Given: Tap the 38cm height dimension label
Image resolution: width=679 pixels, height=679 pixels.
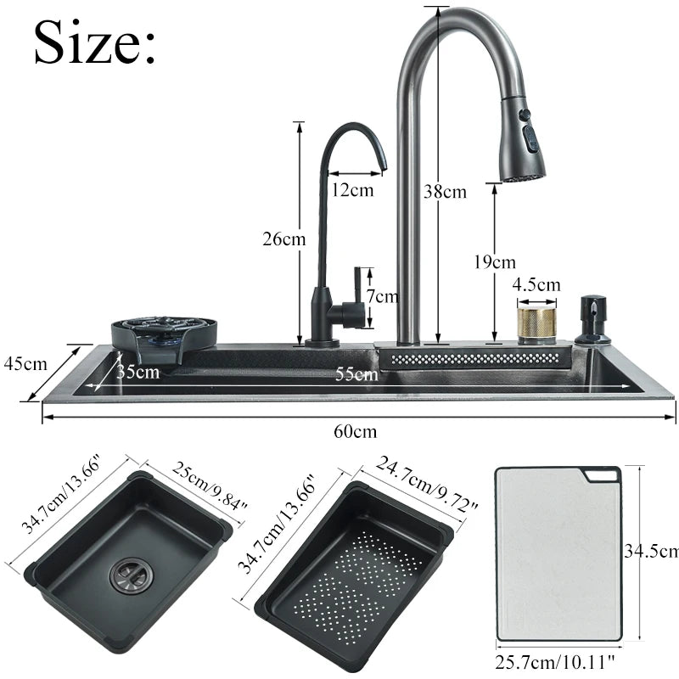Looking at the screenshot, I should coord(445,192).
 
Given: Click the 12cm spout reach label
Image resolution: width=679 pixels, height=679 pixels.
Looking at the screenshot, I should coord(352,190).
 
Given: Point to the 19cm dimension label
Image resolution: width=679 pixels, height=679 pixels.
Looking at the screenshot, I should coord(495,262).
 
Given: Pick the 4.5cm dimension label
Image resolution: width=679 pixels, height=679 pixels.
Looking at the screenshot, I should coord(538,284).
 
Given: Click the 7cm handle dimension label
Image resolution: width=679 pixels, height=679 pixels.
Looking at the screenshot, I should coord(381,296).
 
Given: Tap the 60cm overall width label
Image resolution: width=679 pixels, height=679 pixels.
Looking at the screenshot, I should coord(355,431).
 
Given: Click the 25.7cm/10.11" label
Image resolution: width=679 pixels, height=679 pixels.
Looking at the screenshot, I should coord(560,661).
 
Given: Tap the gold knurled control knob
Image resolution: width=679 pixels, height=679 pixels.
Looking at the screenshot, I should coord(536,325).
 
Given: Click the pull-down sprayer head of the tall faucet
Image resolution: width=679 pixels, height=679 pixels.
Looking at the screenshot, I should coord(522,140).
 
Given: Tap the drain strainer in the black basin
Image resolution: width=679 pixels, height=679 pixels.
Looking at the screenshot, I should coord(126,577).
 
